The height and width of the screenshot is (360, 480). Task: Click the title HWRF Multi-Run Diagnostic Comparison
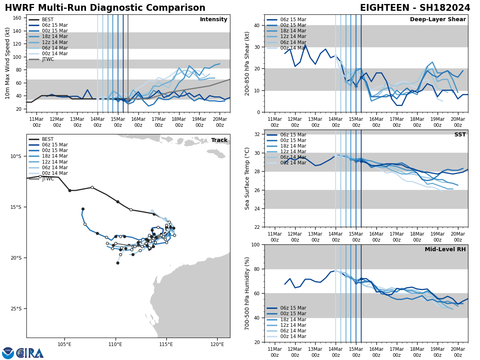pyautogui.click(x=105, y=8)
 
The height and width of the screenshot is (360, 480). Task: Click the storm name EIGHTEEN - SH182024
pyautogui.click(x=415, y=8)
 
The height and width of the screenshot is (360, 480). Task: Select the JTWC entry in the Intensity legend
pyautogui.click(x=48, y=59)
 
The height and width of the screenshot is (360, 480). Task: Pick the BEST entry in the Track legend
pyautogui.click(x=48, y=139)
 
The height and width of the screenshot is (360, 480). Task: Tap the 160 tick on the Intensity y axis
pyautogui.click(x=18, y=18)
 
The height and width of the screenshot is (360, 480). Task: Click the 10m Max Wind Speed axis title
pyautogui.click(x=8, y=63)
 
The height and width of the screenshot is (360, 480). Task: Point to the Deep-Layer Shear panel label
pyautogui.click(x=438, y=20)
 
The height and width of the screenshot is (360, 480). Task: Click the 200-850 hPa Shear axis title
pyautogui.click(x=247, y=63)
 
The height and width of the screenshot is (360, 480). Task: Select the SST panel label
pyautogui.click(x=460, y=135)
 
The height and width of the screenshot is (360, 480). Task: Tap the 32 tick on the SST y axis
pyautogui.click(x=258, y=134)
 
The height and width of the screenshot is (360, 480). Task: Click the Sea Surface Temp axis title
pyautogui.click(x=247, y=178)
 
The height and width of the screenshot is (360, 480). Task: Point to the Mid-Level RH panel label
pyautogui.click(x=445, y=250)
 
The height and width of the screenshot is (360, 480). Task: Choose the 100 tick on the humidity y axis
pyautogui.click(x=256, y=244)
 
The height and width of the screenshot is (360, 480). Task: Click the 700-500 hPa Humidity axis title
pyautogui.click(x=247, y=293)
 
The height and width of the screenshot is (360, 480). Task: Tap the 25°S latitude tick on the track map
pyautogui.click(x=16, y=309)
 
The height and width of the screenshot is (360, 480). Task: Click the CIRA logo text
pyautogui.click(x=30, y=353)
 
